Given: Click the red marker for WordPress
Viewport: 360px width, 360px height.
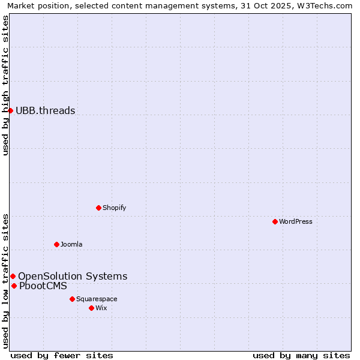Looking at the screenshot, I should (275, 221).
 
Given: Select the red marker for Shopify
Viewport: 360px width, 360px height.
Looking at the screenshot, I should (99, 208).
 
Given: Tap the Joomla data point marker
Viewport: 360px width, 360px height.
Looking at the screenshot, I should (57, 244).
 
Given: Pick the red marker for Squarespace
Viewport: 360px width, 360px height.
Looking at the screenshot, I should (72, 299).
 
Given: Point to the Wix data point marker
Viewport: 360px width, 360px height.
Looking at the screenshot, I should (91, 308).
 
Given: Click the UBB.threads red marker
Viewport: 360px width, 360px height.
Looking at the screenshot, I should (10, 110).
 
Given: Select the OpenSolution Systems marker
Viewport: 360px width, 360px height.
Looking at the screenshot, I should (13, 276).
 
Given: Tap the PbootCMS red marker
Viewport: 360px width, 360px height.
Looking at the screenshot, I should (14, 286).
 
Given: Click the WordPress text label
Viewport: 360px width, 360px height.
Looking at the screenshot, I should (296, 221).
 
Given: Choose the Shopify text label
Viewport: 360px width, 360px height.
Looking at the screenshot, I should (114, 208).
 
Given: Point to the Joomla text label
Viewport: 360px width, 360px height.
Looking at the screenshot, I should (71, 244).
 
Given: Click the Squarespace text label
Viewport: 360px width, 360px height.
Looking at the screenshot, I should (97, 299).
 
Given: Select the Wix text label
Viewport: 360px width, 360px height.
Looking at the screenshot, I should (101, 308).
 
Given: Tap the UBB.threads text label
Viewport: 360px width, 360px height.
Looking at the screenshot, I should (46, 110).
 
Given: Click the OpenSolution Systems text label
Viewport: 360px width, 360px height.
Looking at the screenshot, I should (73, 276).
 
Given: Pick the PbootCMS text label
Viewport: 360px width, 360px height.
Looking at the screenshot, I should (43, 286).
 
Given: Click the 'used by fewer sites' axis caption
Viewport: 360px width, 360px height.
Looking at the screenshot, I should (62, 355).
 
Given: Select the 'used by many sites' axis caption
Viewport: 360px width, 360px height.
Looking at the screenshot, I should (301, 355).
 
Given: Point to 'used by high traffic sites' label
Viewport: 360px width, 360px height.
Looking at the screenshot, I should (5, 85).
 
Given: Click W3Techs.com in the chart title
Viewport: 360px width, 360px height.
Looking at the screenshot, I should (326, 5).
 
